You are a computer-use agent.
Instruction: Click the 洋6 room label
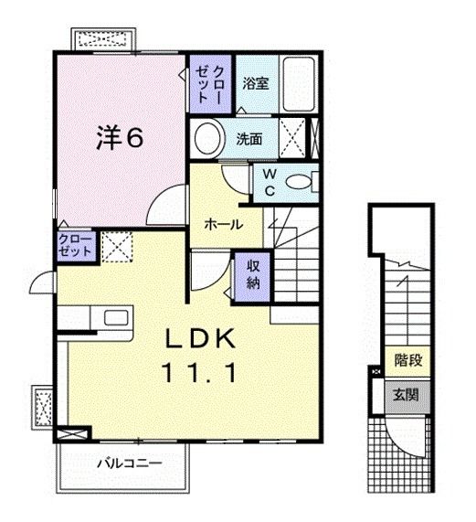point(120,138)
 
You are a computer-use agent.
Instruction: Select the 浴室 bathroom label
point(255,83)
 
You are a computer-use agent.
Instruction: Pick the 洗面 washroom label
point(249,140)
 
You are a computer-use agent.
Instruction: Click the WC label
point(270,180)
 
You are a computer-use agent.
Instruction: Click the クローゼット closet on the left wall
point(74,247)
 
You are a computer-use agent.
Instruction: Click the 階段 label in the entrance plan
point(407,360)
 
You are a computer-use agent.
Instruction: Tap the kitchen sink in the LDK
point(116,318)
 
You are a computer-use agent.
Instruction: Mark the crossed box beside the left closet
point(114,247)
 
